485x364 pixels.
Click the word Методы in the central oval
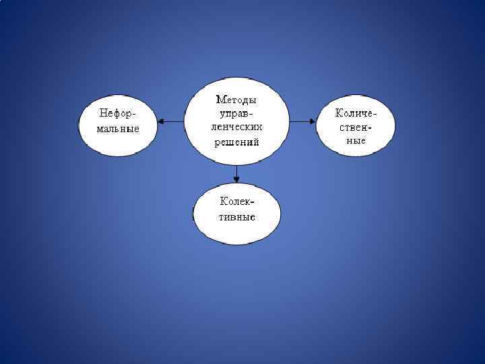click(236, 100)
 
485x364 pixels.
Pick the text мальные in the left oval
click(118, 128)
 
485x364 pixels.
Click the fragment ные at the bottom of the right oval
click(356, 140)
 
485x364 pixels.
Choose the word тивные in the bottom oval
click(237, 217)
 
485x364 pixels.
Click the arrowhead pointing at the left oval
click(161, 121)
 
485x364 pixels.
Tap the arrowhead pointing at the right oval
click(313, 121)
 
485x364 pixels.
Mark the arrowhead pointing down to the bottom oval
click(236, 179)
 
